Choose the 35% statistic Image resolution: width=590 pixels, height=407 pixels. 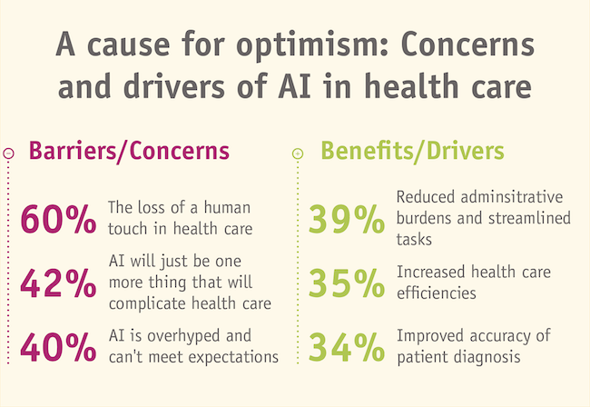(x=347, y=283)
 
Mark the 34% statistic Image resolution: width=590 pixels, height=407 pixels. (x=347, y=346)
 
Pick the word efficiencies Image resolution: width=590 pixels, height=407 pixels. (x=438, y=293)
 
